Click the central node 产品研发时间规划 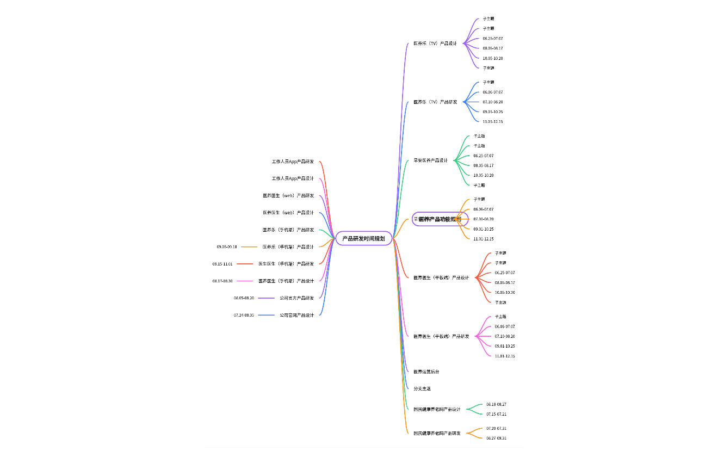coord(363,238)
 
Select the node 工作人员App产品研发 coord(293,162)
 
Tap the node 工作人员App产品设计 coord(293,178)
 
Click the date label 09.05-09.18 coord(227,247)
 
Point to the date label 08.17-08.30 coord(222,281)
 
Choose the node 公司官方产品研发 coord(297,298)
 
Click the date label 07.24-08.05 coord(244,315)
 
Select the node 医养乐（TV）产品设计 coord(435,44)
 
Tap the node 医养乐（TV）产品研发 coord(435,102)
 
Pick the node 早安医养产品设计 coord(431,160)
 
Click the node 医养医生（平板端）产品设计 coord(441,278)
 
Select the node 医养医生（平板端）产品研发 coord(441,336)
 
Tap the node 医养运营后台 coord(426,372)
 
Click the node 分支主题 coord(422,389)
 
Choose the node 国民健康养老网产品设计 coord(437,409)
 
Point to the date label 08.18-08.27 coord(496,404)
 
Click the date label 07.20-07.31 coord(496,428)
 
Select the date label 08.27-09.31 coord(496,438)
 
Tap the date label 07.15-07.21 coord(496,414)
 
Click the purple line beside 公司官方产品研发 coord(266,298)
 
